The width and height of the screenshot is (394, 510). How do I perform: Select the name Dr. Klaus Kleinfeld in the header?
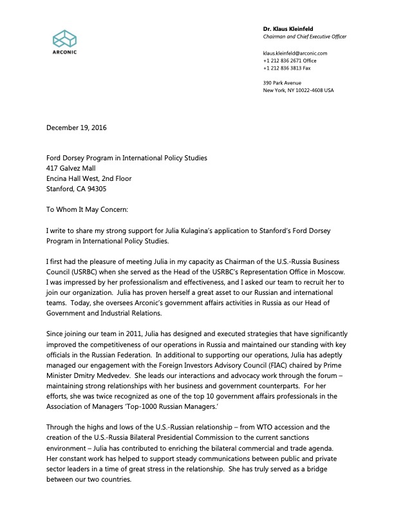click(287, 30)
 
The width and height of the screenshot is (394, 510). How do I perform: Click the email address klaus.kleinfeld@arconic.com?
click(295, 53)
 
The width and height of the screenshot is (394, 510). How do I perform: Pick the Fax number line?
click(287, 68)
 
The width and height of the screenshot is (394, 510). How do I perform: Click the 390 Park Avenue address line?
click(282, 82)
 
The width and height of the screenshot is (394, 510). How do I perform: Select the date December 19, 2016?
click(77, 127)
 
